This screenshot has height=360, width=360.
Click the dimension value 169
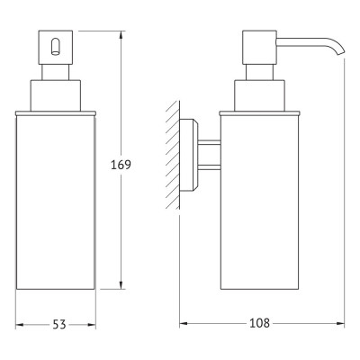121,165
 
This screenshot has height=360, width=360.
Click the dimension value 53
59,324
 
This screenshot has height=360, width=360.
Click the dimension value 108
259,323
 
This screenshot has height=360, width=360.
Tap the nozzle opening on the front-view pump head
55,47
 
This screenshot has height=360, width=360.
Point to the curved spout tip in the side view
341,50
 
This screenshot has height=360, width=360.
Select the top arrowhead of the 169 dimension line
121,34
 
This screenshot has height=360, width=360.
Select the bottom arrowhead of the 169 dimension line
121,285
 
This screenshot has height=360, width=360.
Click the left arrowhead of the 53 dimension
19,325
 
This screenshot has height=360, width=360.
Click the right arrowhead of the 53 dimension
92,325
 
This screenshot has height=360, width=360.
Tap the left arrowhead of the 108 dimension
184,323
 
